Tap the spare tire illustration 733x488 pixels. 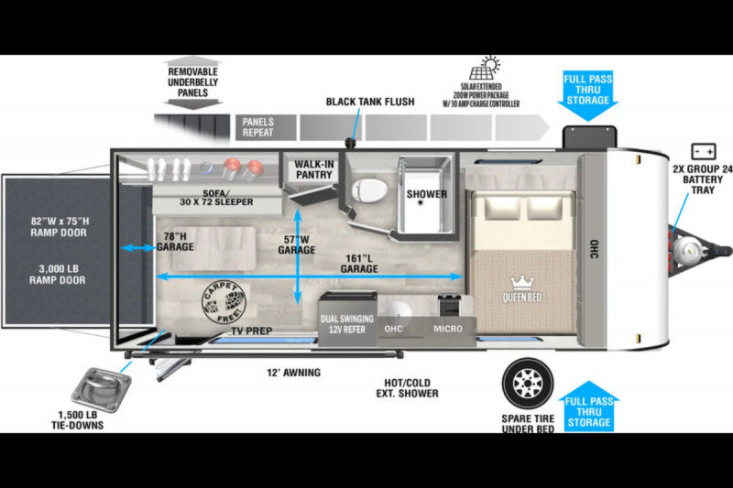pos(528,384)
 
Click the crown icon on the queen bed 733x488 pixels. pos(522,283)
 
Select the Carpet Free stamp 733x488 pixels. pos(224,303)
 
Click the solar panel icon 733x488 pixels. pos(485,68)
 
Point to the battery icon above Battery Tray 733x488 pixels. pos(703,152)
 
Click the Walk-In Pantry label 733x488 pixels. pos(313,169)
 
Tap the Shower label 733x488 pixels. pos(426,194)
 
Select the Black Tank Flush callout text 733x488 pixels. pos(370,102)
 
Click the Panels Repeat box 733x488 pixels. pos(266,127)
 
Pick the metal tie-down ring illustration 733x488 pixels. pos(102,390)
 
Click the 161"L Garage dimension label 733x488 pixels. pos(359,264)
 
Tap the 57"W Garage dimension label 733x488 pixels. pos(296,244)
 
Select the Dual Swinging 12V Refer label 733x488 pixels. pos(347,324)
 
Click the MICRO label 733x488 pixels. pos(448,329)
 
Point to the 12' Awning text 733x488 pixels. pos(293,373)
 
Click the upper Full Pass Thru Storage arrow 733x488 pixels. pos(587,96)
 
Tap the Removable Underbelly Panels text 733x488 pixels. pos(192,82)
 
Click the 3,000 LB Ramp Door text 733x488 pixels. pos(58,275)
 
